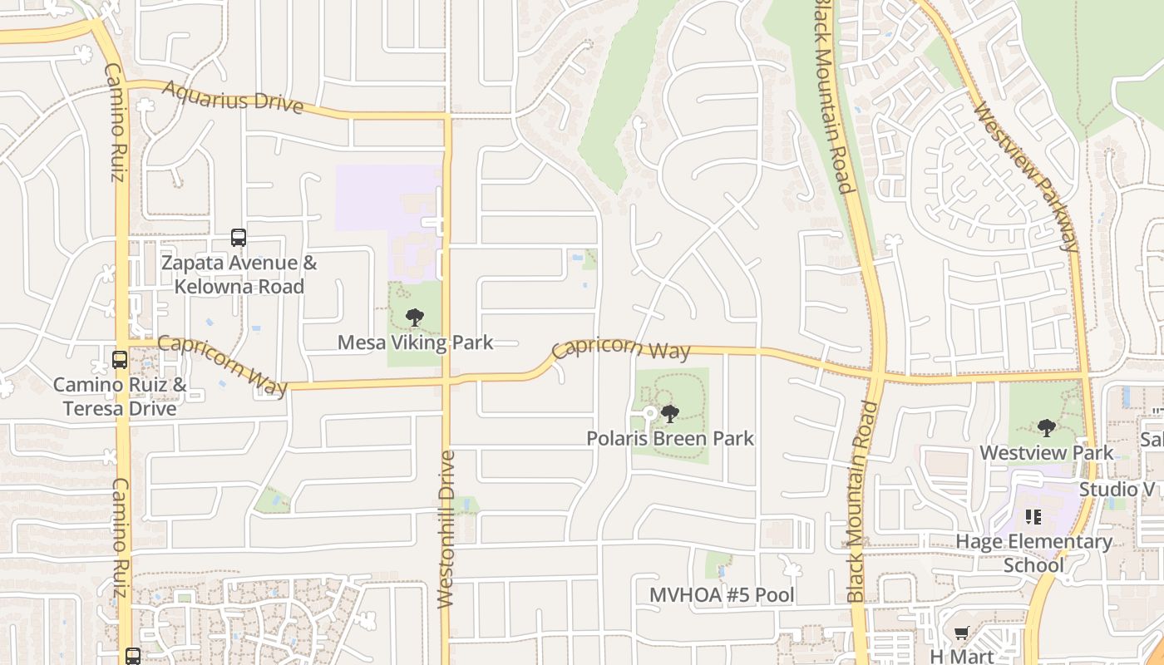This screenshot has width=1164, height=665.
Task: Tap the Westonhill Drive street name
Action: (x=446, y=530)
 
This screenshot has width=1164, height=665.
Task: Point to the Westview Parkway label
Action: (x=1026, y=176)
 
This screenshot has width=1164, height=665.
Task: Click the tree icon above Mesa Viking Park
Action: (x=414, y=317)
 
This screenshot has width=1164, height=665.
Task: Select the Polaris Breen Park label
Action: (x=670, y=438)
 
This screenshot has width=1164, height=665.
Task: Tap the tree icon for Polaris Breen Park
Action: (x=669, y=413)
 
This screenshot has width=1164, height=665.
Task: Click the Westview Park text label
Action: (x=1046, y=453)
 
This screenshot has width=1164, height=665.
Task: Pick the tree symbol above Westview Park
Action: (x=1046, y=428)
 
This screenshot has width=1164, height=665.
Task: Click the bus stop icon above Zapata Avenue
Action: (x=239, y=238)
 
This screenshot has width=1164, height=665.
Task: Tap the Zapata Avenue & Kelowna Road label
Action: (x=239, y=275)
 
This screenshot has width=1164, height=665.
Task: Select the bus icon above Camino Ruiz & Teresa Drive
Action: (x=120, y=360)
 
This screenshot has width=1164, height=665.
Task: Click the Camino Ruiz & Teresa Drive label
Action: (x=120, y=397)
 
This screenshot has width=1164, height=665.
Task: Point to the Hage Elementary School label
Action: (x=1033, y=554)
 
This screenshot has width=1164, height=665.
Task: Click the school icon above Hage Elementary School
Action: (x=1033, y=517)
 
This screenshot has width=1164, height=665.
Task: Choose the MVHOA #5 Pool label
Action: (x=722, y=595)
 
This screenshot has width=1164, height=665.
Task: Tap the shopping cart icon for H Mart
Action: (x=961, y=633)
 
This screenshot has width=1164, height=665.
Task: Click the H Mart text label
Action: (x=961, y=656)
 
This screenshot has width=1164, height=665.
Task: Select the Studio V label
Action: (x=1120, y=489)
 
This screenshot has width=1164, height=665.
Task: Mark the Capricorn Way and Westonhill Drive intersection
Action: (x=446, y=382)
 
